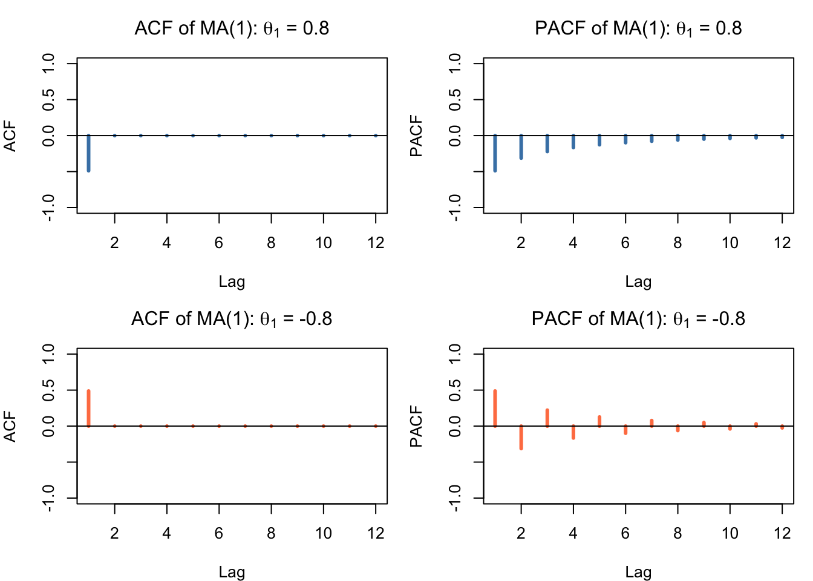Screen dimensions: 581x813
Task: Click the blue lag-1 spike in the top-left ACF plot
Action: point(88,153)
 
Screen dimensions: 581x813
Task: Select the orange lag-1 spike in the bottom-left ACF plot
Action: point(88,409)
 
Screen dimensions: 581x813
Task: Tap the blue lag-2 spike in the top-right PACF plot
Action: point(521,147)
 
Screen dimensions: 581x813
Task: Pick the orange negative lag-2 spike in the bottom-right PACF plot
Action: point(521,437)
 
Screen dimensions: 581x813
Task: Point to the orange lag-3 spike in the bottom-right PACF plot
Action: point(547,418)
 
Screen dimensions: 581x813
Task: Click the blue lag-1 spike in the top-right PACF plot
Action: point(495,153)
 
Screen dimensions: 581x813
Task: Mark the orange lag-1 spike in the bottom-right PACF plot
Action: point(495,409)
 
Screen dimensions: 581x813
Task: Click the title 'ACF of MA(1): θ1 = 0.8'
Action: point(232,28)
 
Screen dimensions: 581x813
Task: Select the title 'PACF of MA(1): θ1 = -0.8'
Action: point(638,319)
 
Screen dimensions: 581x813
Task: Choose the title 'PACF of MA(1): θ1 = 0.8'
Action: point(638,28)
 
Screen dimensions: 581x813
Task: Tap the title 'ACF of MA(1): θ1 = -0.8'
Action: point(232,319)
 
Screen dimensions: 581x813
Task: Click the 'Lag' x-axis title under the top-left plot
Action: point(232,281)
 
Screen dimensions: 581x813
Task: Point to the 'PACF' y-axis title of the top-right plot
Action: point(416,136)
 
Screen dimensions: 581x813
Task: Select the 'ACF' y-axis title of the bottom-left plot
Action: point(10,426)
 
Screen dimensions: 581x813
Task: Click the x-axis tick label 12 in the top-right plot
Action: point(782,243)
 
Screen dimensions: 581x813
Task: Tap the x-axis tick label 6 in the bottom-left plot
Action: point(219,533)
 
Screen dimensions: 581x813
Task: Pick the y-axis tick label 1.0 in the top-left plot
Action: point(50,64)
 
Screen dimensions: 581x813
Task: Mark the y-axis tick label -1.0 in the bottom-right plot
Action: point(456,497)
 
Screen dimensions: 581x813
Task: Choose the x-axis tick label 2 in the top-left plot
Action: point(114,243)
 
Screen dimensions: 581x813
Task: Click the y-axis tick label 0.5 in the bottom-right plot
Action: point(456,390)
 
